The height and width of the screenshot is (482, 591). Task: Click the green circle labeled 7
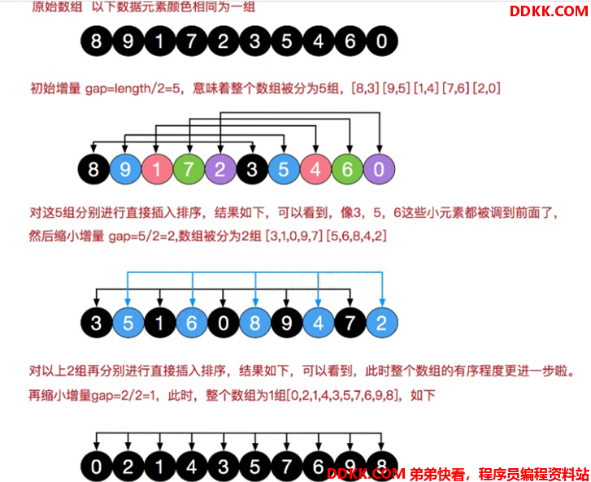tap(189, 169)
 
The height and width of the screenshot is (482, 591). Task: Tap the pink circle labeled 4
tap(316, 169)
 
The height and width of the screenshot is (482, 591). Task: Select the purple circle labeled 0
tap(379, 169)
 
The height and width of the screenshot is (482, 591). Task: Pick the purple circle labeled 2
tap(220, 169)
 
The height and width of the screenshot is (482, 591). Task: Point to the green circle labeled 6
tap(347, 169)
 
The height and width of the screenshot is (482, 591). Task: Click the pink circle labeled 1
tap(157, 169)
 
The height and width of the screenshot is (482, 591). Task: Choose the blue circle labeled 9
tap(125, 169)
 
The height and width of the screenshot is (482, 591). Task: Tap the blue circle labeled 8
tap(255, 323)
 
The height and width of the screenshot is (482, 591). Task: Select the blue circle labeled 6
tap(192, 323)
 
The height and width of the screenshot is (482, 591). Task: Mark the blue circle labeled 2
tap(382, 323)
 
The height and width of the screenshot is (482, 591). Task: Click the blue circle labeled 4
tap(319, 323)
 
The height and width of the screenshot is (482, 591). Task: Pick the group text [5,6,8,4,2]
tap(357, 236)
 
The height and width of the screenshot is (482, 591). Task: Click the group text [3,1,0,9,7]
tap(294, 236)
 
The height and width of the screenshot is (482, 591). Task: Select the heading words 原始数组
tap(57, 7)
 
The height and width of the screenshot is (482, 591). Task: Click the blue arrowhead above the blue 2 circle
tap(382, 302)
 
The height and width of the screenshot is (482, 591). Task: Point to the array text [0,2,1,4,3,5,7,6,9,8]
tap(343, 395)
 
